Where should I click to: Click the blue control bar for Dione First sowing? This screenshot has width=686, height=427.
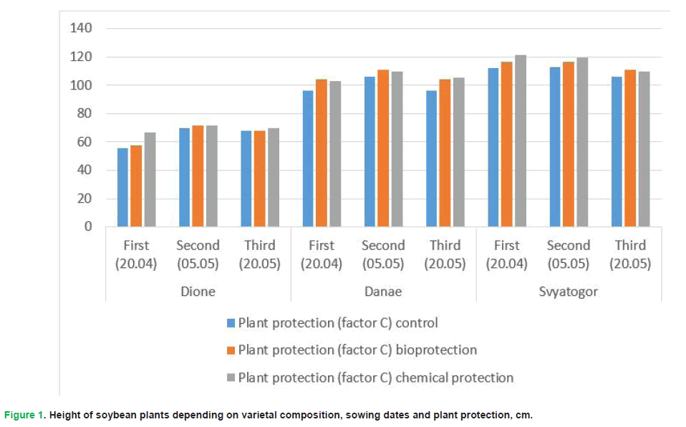pos(123,187)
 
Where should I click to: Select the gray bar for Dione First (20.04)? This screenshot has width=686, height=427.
pos(150,179)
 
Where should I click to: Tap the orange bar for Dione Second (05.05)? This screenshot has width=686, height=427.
pos(198,176)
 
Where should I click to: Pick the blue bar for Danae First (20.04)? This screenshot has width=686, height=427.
pos(309,158)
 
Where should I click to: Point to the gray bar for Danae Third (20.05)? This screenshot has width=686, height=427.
pos(458,152)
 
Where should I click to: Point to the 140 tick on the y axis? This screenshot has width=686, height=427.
pos(81,29)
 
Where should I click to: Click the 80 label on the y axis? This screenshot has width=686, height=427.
pos(84,113)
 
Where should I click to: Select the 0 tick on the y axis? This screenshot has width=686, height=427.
pos(88,226)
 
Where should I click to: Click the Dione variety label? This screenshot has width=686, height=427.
pos(198,292)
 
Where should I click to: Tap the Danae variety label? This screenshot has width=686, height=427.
pos(383,292)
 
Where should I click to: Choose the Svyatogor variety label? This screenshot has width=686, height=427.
pos(569,292)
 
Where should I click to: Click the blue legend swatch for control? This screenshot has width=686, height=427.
pos(231,323)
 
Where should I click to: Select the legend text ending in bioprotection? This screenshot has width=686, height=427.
pos(357,350)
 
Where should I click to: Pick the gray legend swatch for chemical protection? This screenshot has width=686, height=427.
pos(231,378)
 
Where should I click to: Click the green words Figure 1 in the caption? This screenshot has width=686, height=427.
pos(24,415)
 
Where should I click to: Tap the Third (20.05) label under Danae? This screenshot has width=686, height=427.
pos(445,254)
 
